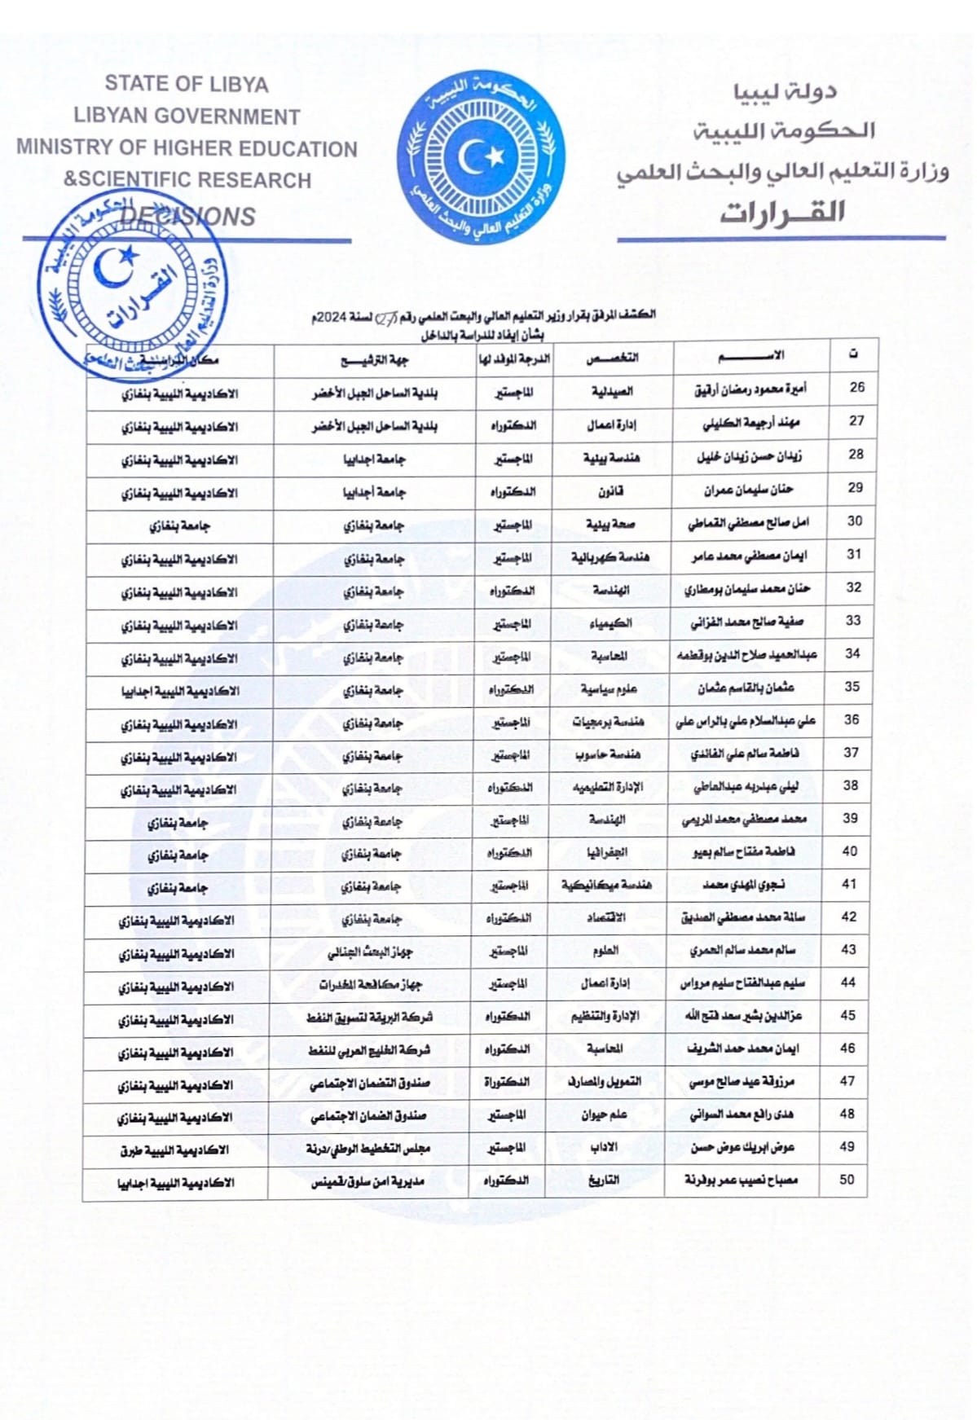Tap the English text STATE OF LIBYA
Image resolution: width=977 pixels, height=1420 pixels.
coord(187,84)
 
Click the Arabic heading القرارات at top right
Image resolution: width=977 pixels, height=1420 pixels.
coord(781,213)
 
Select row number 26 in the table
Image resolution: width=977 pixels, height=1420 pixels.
coord(856,388)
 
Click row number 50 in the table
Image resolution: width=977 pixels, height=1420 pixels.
coord(847,1179)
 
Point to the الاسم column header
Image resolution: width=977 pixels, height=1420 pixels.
coord(750,355)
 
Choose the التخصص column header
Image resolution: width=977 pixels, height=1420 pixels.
coord(613,358)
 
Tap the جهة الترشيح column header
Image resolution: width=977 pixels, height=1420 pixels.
coord(374,359)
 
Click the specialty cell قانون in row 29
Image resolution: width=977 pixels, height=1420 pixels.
coord(611,491)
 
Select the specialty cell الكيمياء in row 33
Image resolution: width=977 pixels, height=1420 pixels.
coord(610,623)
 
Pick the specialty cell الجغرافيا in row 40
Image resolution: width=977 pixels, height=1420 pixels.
coord(607,852)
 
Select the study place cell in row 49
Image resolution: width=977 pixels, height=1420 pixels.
coord(174,1149)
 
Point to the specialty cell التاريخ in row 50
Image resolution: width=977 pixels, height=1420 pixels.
coord(604,1180)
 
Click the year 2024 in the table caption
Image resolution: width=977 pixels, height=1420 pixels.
coord(332,319)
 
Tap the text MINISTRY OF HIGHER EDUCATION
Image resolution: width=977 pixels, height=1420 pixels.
coord(187,148)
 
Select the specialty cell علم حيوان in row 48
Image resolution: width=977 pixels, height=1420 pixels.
coord(604,1114)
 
